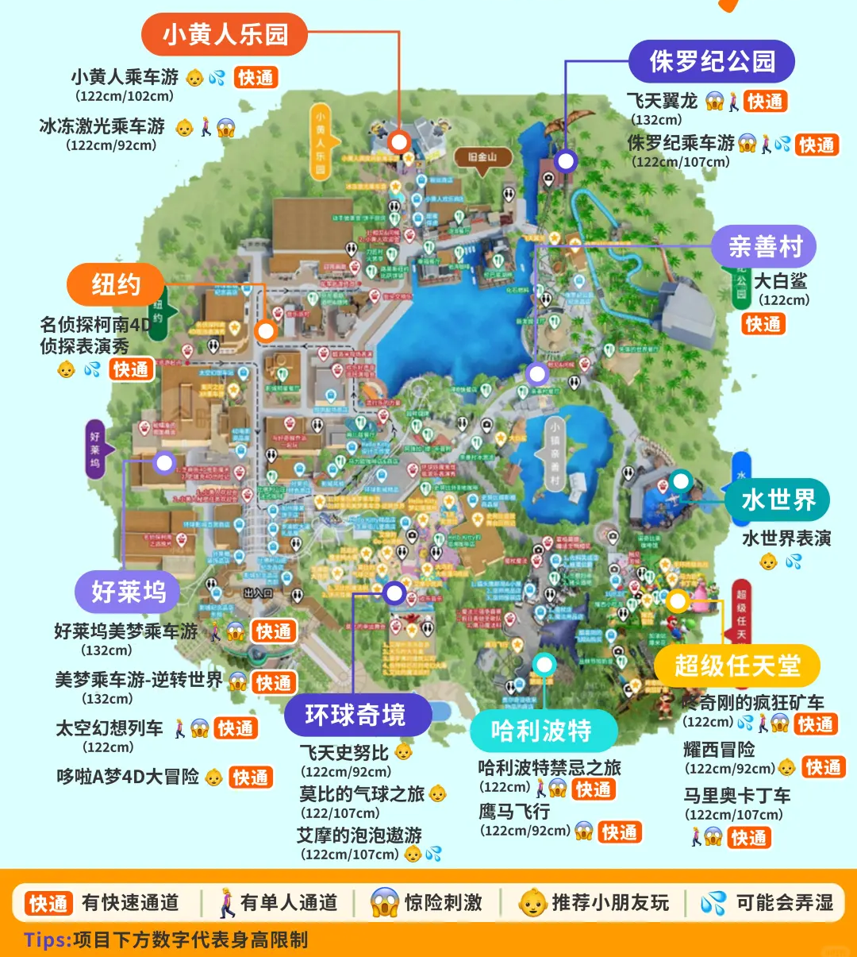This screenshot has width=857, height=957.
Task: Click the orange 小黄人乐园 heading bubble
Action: (225, 35)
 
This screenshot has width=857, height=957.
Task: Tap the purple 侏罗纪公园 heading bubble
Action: (712, 61)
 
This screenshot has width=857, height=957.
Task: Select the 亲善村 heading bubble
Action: (765, 247)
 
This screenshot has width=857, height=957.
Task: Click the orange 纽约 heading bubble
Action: (116, 284)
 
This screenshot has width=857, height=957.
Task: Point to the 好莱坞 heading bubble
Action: (128, 592)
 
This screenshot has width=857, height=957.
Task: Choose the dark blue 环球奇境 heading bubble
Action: (355, 715)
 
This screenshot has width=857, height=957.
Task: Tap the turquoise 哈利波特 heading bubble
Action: (542, 731)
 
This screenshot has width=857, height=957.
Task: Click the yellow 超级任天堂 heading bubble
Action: (736, 666)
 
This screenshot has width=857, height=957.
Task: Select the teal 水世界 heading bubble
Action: (778, 500)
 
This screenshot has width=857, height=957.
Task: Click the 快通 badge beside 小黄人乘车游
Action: (256, 78)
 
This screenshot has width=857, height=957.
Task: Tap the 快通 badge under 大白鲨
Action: (763, 324)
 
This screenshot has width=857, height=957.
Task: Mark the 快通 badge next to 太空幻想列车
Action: (236, 728)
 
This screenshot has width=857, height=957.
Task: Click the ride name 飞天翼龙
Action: (662, 101)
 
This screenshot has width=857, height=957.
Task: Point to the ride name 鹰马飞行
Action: (514, 812)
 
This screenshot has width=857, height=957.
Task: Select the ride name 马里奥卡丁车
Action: (737, 795)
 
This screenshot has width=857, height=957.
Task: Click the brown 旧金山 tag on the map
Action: (482, 157)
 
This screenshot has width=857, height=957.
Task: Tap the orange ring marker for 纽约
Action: (265, 330)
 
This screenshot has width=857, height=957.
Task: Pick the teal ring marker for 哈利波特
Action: (544, 665)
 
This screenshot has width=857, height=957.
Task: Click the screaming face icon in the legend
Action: (384, 903)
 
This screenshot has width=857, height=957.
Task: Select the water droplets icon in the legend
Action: (713, 903)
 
